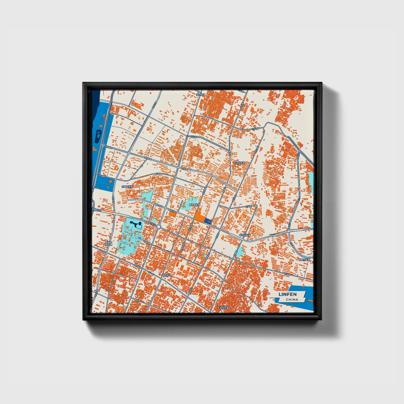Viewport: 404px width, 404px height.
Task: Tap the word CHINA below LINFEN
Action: [x=292, y=299]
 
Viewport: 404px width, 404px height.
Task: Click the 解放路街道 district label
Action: [x=194, y=205]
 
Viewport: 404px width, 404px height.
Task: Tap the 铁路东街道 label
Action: [x=304, y=260]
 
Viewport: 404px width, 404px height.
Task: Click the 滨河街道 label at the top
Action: [x=201, y=95]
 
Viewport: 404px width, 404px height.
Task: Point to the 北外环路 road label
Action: [x=256, y=128]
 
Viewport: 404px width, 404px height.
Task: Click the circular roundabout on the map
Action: [x=159, y=227]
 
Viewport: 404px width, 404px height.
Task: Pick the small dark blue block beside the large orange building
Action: [x=208, y=221]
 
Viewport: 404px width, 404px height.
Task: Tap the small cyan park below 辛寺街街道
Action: [x=240, y=252]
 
